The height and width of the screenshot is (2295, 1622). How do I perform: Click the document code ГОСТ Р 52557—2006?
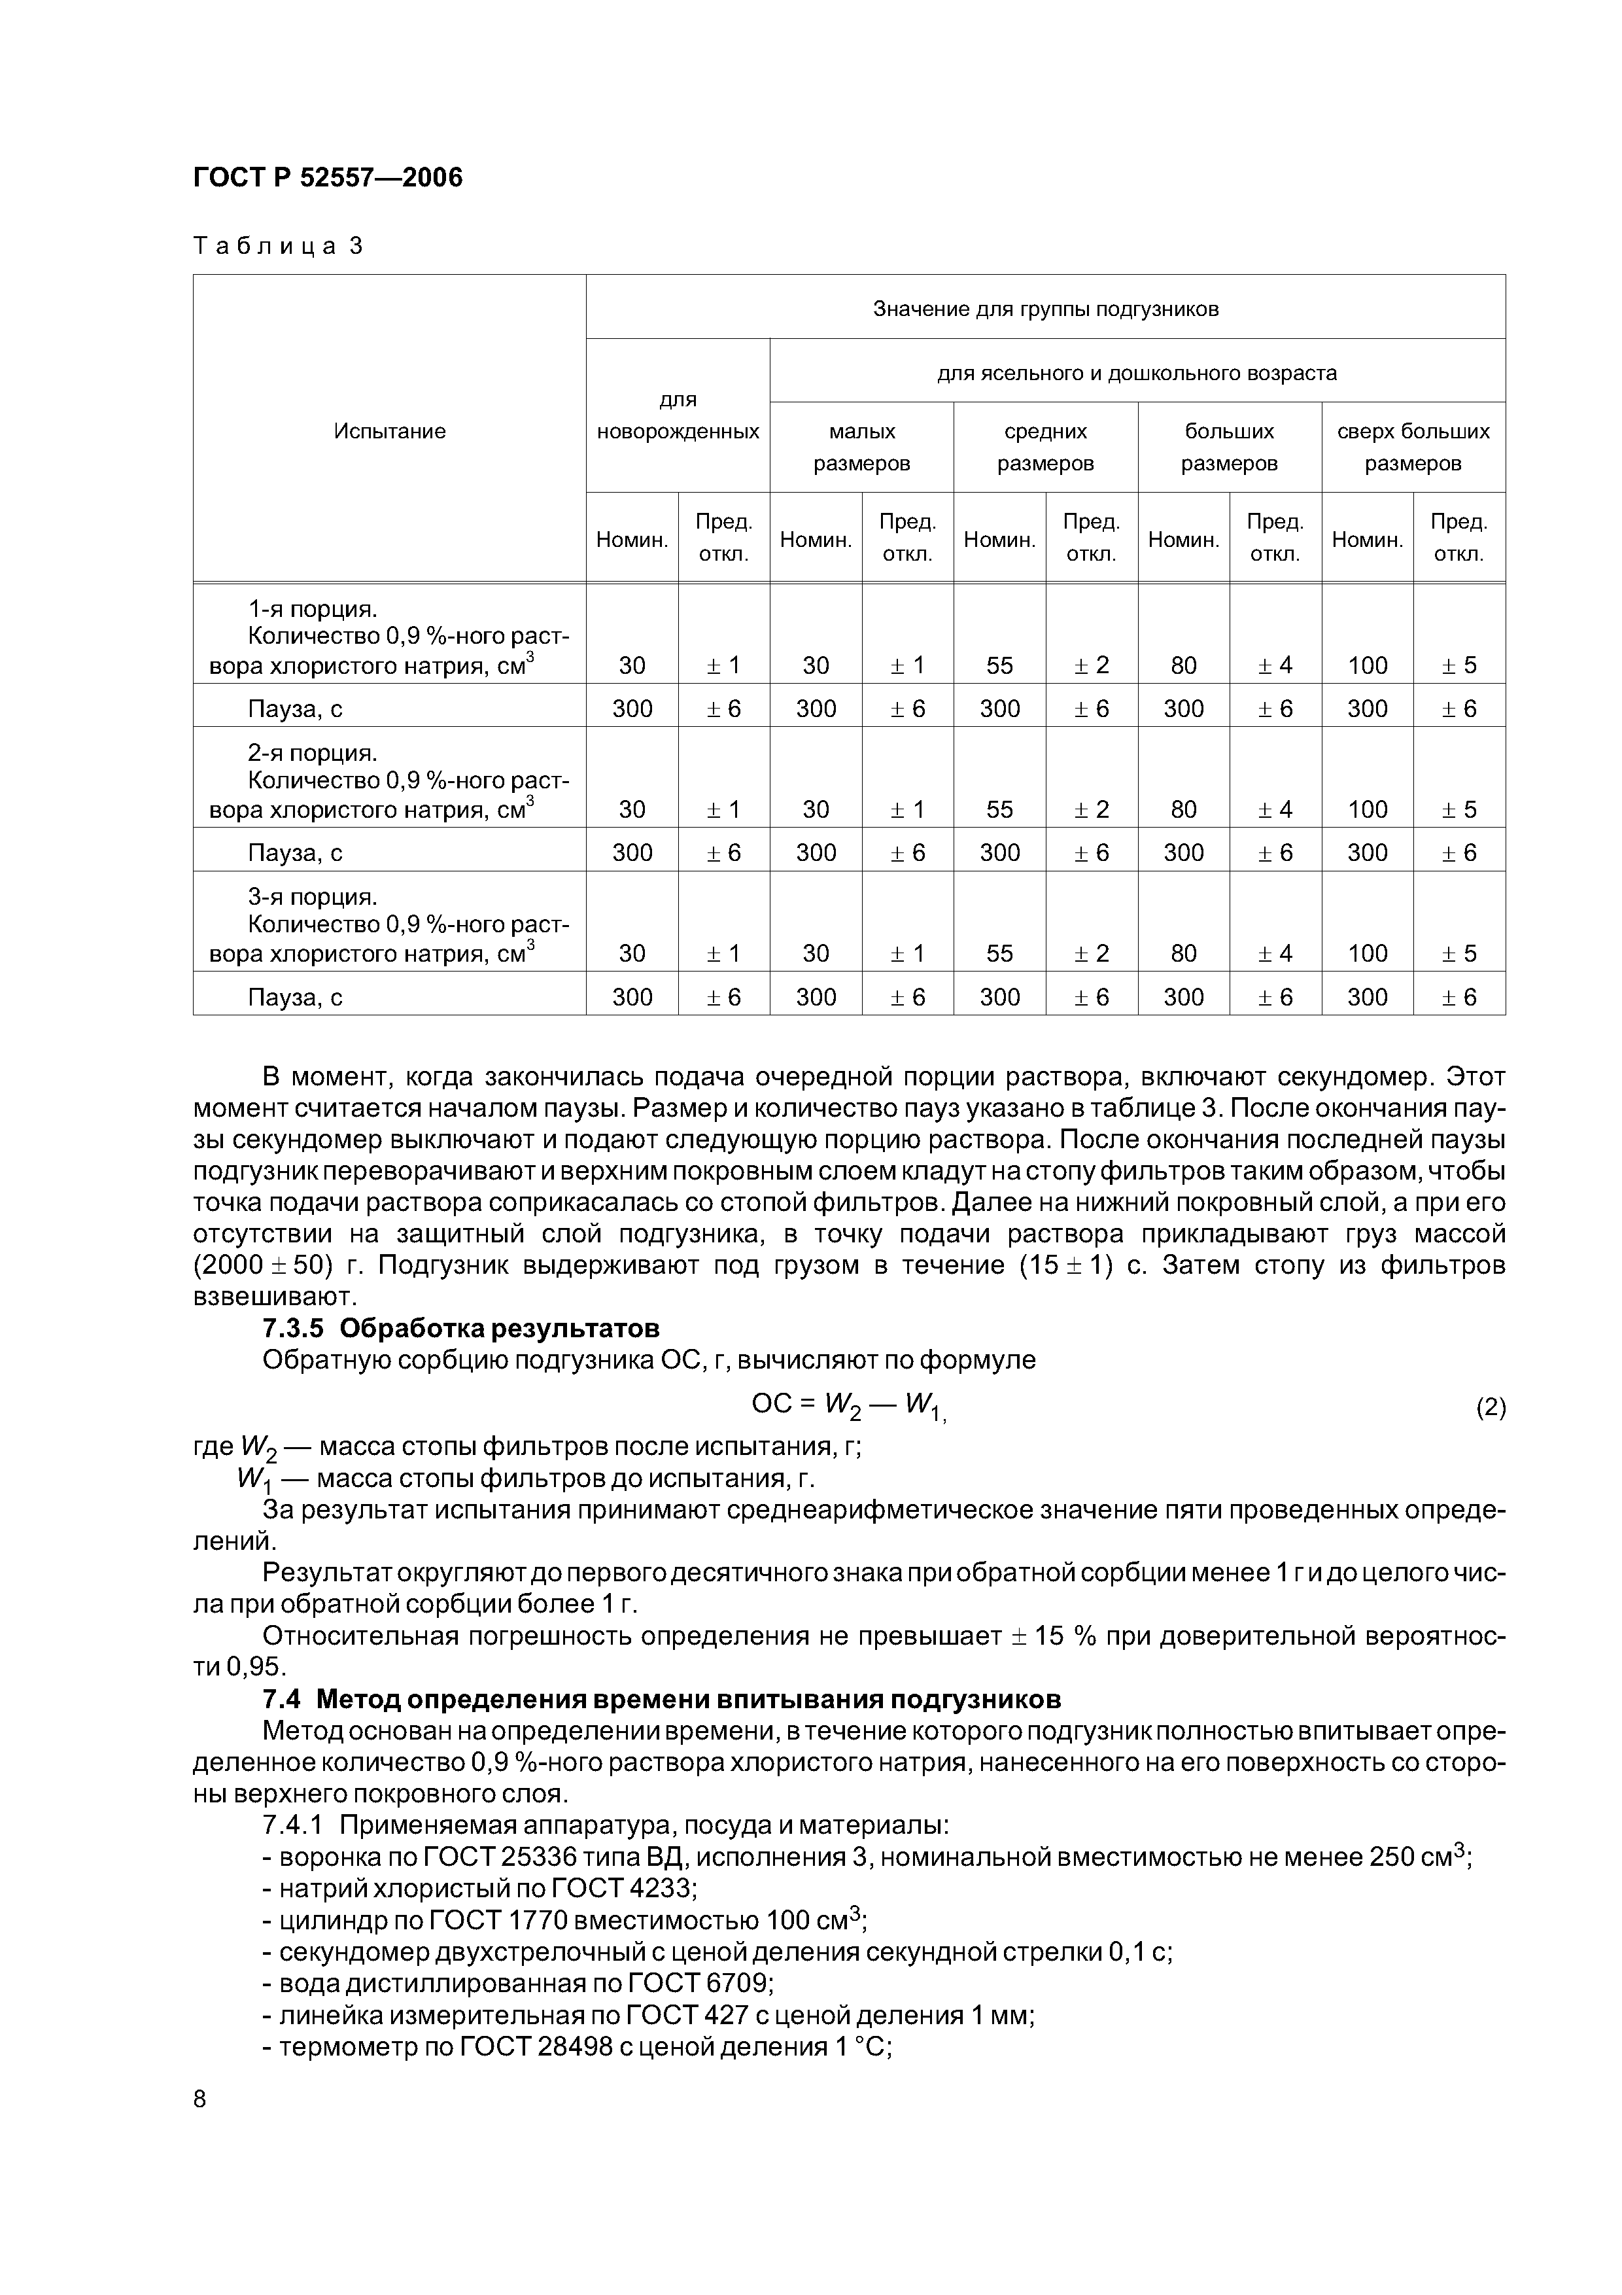[x=327, y=178]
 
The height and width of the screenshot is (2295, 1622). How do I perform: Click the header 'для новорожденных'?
[x=678, y=416]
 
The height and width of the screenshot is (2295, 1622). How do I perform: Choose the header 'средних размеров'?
[x=1044, y=447]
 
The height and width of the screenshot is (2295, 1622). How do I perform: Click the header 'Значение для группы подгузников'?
[x=1045, y=309]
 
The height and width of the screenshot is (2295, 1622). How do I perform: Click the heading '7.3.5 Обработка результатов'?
[x=460, y=1329]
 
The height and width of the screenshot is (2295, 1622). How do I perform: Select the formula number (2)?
[x=1490, y=1407]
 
